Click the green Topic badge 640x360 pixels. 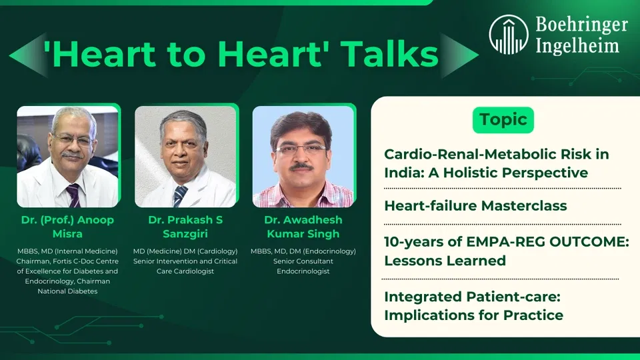pyautogui.click(x=503, y=120)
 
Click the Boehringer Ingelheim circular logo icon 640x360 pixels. pyautogui.click(x=509, y=35)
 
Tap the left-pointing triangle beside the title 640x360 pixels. pyautogui.click(x=29, y=55)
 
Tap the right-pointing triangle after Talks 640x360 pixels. pyautogui.click(x=459, y=55)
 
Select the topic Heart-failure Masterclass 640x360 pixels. pyautogui.click(x=475, y=206)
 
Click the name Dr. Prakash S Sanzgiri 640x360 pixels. pyautogui.click(x=185, y=227)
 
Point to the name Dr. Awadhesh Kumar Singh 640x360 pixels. pyautogui.click(x=303, y=227)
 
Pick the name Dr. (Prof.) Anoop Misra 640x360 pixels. pyautogui.click(x=67, y=227)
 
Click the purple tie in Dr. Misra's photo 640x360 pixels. pyautogui.click(x=74, y=195)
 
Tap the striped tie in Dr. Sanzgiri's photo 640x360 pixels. pyautogui.click(x=179, y=196)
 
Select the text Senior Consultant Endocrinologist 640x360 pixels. pyautogui.click(x=303, y=266)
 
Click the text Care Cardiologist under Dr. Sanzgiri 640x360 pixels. pyautogui.click(x=185, y=271)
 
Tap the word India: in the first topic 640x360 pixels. pyautogui.click(x=404, y=173)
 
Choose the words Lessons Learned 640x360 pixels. pyautogui.click(x=445, y=261)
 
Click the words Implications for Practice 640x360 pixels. pyautogui.click(x=473, y=315)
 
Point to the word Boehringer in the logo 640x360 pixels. pyautogui.click(x=581, y=25)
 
